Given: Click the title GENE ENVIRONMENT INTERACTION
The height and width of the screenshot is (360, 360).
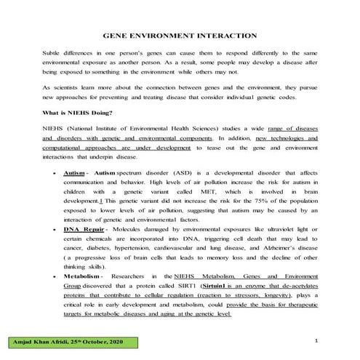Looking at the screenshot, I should [x=180, y=35].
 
